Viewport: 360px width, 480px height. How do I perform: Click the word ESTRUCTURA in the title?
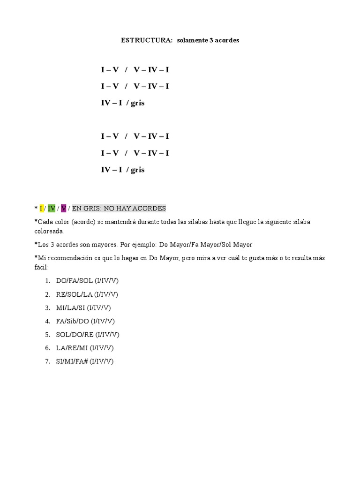[x=147, y=40]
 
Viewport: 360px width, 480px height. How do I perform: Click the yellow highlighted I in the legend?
[x=41, y=208]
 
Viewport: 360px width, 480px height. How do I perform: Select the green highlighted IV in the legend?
[x=52, y=208]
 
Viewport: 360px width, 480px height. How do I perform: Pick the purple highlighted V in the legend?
[x=63, y=208]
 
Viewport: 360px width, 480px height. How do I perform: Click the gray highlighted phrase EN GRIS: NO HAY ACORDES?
[x=119, y=208]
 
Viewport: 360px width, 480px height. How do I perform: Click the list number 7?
[x=47, y=361]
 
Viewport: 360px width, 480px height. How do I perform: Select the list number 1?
[x=47, y=280]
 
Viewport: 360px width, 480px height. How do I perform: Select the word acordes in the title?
[x=227, y=40]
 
